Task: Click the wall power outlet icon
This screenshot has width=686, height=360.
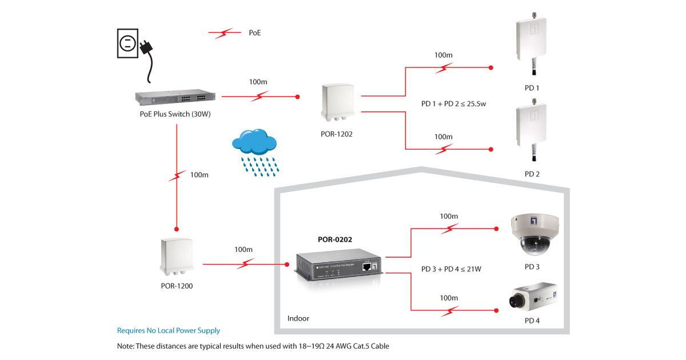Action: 128,43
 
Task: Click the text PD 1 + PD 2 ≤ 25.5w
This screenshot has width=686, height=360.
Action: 453,104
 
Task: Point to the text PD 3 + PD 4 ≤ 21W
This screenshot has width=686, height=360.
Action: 451,269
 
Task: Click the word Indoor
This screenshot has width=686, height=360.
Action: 298,318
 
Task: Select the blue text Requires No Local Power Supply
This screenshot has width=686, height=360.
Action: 168,330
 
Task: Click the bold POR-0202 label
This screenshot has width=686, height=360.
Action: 335,239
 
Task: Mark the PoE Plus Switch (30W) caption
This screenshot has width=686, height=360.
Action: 176,114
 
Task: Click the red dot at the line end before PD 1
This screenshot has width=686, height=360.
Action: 490,68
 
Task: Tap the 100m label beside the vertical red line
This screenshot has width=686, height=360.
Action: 199,175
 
